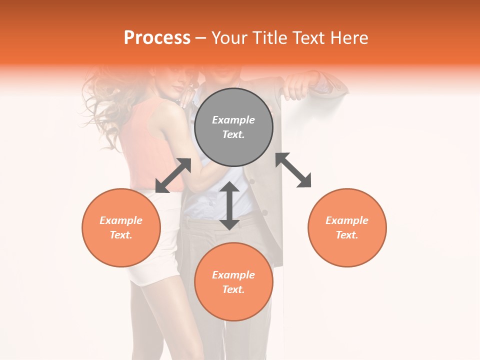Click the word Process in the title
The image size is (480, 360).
(157, 38)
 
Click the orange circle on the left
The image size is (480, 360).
(121, 227)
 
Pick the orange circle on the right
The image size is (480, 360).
(347, 227)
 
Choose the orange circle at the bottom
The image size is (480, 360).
(233, 282)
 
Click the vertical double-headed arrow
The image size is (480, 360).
(229, 205)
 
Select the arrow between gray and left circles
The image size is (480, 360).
(173, 175)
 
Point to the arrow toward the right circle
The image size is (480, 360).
(293, 170)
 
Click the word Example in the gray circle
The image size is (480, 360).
(233, 120)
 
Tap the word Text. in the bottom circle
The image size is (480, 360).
(233, 289)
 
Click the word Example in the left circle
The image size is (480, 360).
(121, 220)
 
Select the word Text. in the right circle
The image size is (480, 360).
(347, 235)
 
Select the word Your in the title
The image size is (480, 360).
(227, 38)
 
